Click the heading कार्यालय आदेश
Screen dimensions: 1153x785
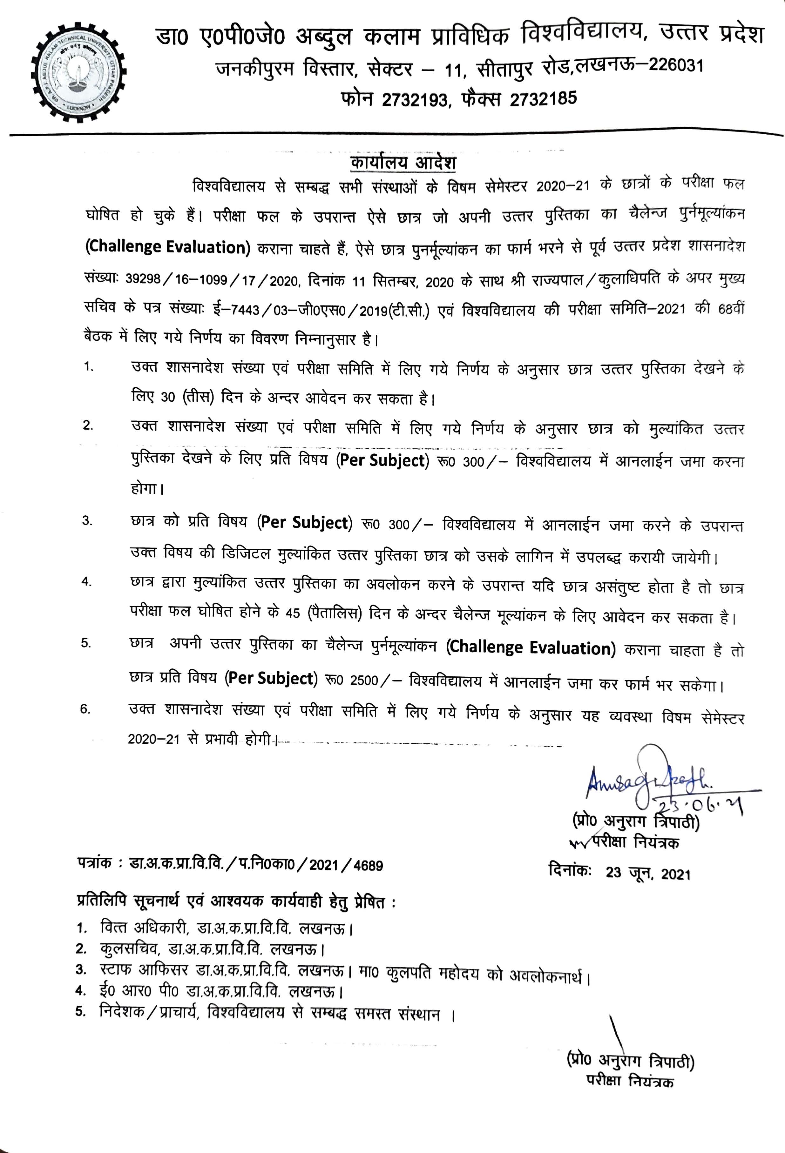tap(403, 163)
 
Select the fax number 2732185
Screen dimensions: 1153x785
tap(543, 99)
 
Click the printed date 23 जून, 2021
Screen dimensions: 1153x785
tap(647, 873)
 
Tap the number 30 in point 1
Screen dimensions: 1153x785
tap(168, 397)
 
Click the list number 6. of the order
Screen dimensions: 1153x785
tap(85, 709)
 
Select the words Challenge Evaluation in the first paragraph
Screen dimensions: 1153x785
tap(168, 247)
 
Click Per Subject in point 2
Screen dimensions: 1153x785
tap(382, 460)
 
